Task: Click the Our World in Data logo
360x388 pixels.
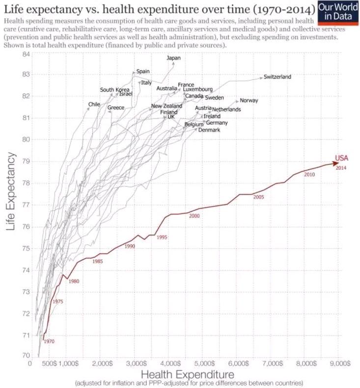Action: click(x=339, y=11)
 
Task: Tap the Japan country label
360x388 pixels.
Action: click(x=174, y=58)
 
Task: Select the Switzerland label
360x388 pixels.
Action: click(x=277, y=77)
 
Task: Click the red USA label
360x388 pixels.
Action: click(x=341, y=158)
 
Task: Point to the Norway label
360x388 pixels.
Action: click(x=249, y=101)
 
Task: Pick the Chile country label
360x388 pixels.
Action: click(x=94, y=104)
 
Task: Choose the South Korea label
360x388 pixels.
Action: click(x=114, y=90)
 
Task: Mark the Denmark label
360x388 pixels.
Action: click(x=209, y=130)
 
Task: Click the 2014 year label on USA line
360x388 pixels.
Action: click(x=341, y=168)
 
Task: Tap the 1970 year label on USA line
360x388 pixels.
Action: click(x=49, y=341)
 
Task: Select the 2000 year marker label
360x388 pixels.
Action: click(x=194, y=216)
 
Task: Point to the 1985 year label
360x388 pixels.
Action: click(x=98, y=261)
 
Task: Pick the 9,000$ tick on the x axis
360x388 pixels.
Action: click(x=339, y=364)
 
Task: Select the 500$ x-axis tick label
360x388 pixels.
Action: click(x=48, y=364)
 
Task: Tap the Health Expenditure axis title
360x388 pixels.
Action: click(x=188, y=374)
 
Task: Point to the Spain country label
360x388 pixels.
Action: click(x=143, y=71)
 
